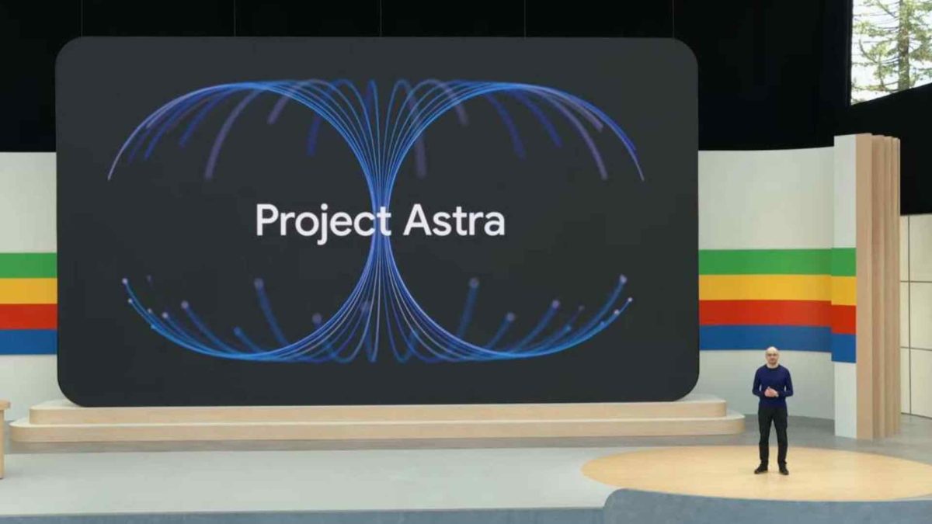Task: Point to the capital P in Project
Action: point(266,220)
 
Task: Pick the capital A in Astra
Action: point(415,220)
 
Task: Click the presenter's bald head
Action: point(771,355)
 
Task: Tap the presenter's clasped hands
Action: point(770,391)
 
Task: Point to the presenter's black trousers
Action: point(772,435)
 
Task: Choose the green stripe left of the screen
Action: point(28,265)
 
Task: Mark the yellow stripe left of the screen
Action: point(28,291)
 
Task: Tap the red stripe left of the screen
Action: point(28,317)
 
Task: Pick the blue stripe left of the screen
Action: point(28,342)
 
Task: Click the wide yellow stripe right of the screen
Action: point(765,287)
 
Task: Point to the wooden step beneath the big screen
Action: point(373,423)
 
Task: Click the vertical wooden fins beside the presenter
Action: point(878,287)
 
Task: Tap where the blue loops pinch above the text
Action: point(380,155)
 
